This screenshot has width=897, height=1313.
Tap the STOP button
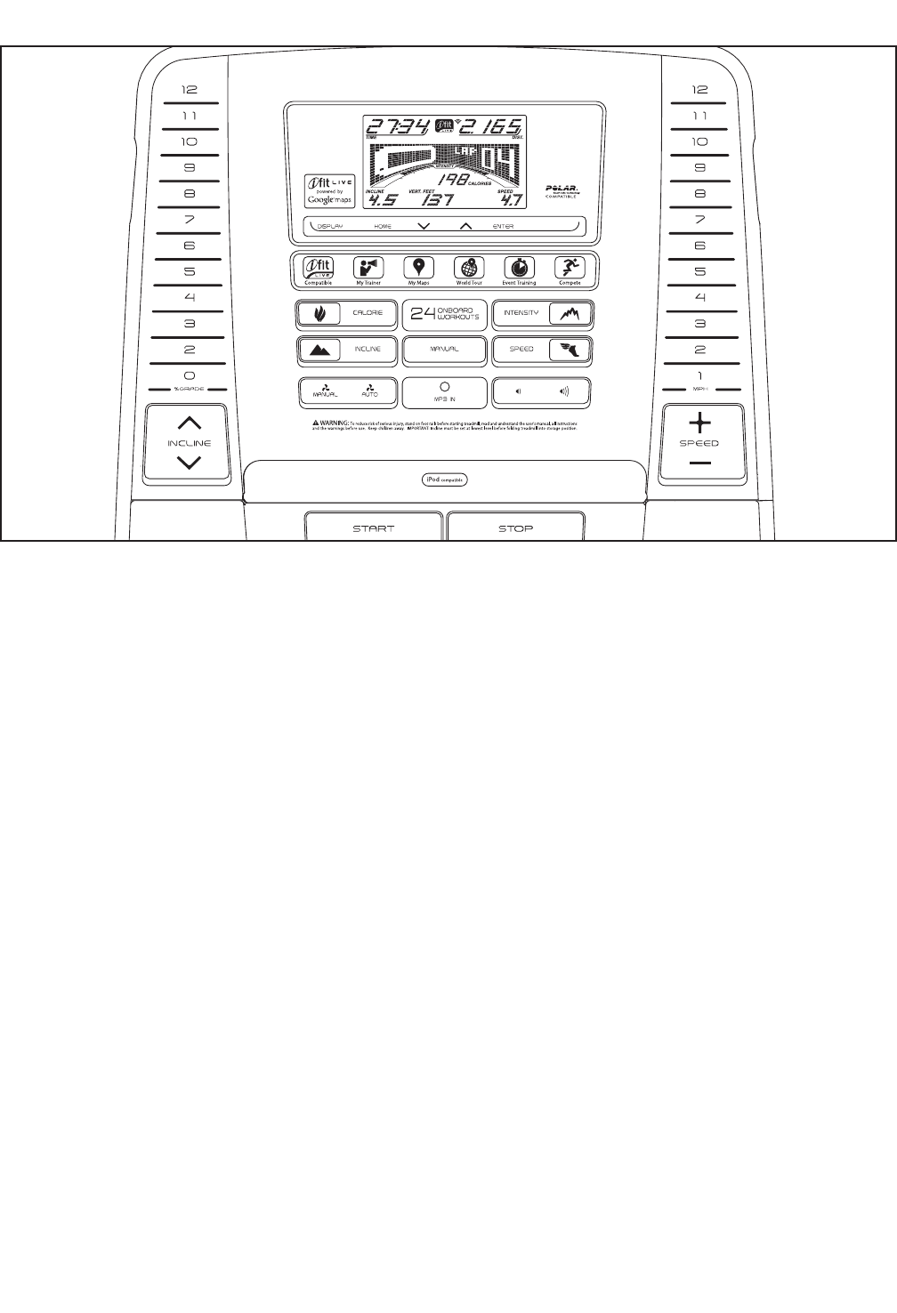[515, 528]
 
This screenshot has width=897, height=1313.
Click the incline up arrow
[190, 424]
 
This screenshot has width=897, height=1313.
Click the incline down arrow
[190, 463]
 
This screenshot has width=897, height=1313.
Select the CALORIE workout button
[347, 313]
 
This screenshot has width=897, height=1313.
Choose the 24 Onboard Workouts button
[445, 313]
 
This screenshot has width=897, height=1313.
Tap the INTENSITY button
[543, 313]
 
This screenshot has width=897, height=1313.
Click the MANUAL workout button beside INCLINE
[445, 350]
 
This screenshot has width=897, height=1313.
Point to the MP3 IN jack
[445, 388]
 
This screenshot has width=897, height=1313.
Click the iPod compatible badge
[445, 480]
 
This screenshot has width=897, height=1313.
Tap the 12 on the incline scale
[190, 90]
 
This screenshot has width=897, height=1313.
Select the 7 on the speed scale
[700, 220]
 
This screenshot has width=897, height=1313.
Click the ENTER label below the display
[504, 227]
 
